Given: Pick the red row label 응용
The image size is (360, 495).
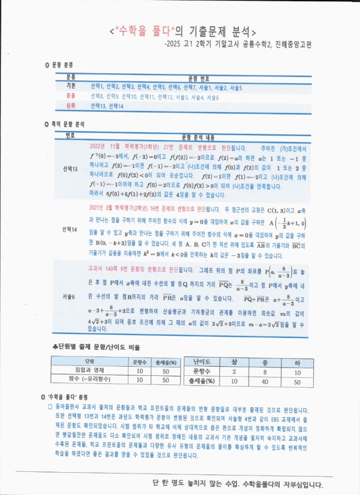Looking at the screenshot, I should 71,96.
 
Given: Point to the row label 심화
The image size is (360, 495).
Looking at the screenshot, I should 71,106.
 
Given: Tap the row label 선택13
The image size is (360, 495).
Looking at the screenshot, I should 70,169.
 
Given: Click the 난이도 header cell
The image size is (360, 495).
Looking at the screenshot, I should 201,361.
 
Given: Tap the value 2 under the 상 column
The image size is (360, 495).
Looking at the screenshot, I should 235,371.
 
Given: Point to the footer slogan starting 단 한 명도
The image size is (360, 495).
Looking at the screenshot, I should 237,484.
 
